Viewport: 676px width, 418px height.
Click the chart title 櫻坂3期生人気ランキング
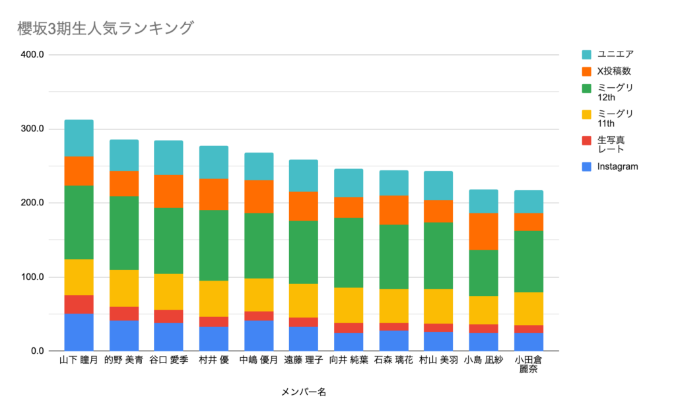click(106, 28)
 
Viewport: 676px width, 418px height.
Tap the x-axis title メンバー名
click(304, 392)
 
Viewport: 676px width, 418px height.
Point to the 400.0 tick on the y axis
click(32, 55)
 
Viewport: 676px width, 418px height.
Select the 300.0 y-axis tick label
click(32, 129)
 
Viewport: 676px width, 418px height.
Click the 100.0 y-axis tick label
click(32, 277)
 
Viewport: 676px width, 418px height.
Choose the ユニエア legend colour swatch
click(586, 54)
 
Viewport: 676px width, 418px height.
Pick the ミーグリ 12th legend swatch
click(586, 88)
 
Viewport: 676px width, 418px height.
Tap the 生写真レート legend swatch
click(586, 140)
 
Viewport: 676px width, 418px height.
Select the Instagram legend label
click(618, 166)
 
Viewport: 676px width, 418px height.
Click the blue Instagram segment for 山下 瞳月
click(79, 332)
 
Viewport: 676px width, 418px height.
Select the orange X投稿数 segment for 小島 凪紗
click(483, 232)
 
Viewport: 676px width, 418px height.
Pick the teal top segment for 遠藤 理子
click(303, 176)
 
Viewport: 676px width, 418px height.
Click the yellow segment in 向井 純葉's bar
click(349, 305)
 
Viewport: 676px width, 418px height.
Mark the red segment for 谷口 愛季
click(168, 316)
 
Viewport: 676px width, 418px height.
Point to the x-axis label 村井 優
click(213, 361)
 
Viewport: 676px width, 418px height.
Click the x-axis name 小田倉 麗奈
click(528, 365)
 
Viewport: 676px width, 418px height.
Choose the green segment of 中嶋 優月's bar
click(258, 246)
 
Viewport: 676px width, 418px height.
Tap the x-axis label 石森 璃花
click(393, 361)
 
